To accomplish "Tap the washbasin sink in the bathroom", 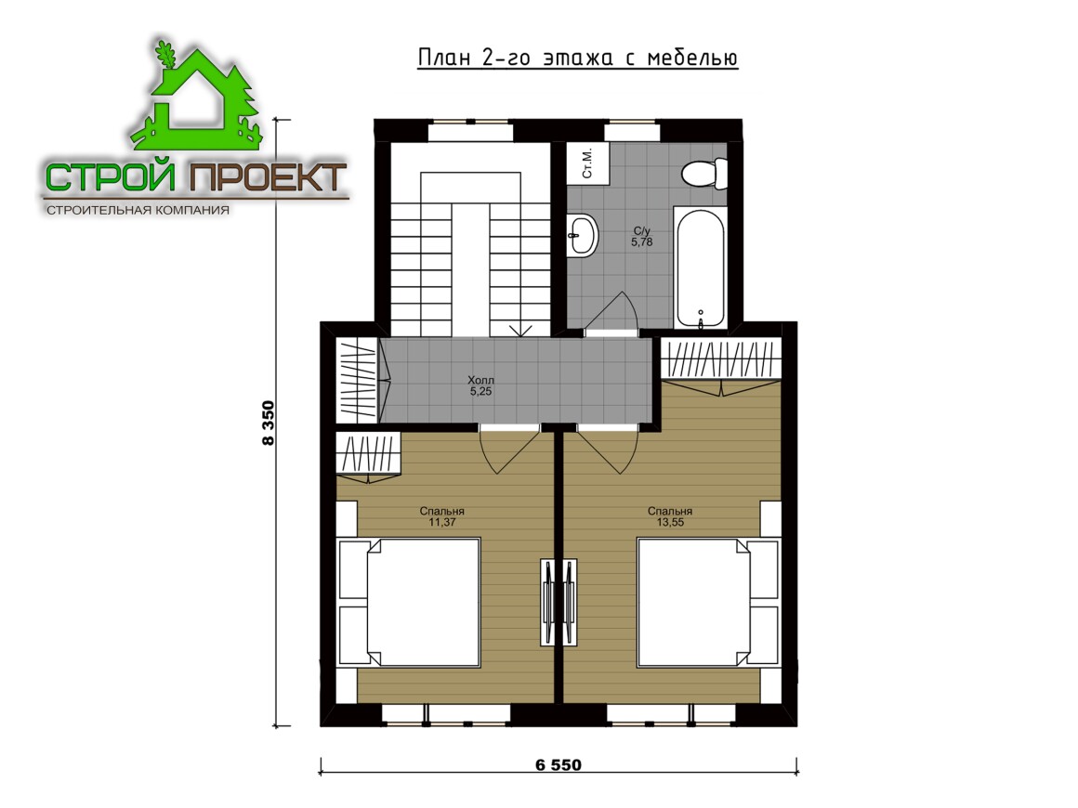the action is [x=583, y=236].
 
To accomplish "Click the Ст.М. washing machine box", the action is [x=588, y=163].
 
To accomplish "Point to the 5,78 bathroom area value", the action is [x=642, y=241].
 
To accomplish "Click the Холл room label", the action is [x=480, y=380].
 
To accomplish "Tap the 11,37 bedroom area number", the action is [x=442, y=522].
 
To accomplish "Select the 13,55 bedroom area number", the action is [x=670, y=522].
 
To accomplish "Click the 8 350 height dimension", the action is [x=269, y=424].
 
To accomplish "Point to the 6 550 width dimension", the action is [x=559, y=764].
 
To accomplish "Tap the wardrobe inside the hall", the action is [x=358, y=380].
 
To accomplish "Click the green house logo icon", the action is [x=196, y=97].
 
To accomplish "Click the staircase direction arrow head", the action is [x=521, y=331].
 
